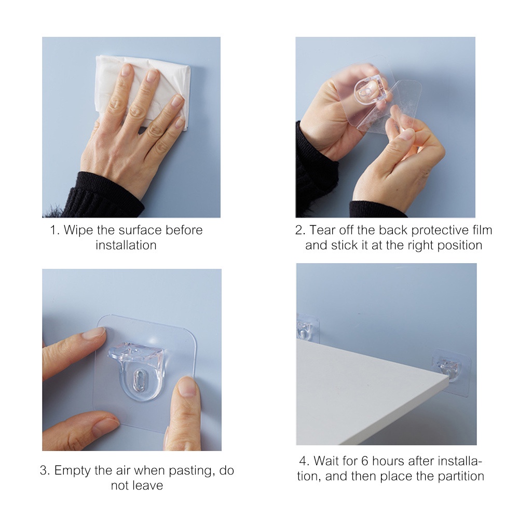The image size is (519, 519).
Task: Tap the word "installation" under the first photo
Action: [x=126, y=245]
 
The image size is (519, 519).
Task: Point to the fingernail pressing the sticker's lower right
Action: [x=187, y=386]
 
